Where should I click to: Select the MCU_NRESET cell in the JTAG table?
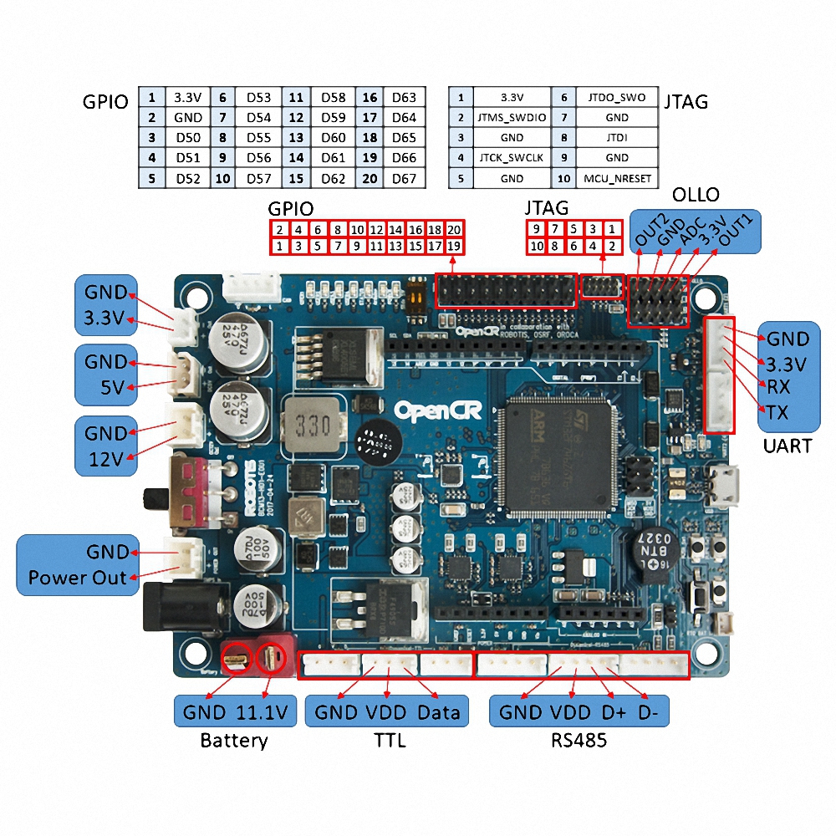tap(617, 178)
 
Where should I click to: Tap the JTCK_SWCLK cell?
tap(512, 158)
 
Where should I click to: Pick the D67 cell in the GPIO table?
tap(404, 178)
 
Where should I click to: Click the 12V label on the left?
tap(106, 458)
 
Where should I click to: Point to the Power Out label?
tap(77, 578)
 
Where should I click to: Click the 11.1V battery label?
tap(263, 712)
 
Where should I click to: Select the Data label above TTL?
tap(439, 712)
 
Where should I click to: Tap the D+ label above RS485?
tap(614, 712)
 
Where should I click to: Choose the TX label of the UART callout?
tap(777, 412)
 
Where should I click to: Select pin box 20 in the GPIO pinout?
tap(454, 230)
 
